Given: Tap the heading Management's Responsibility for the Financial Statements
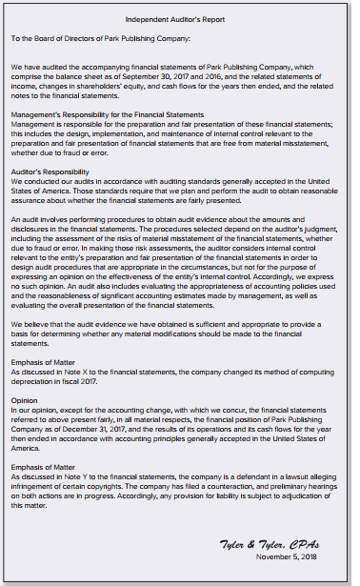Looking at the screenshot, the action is pyautogui.click(x=101, y=114).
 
